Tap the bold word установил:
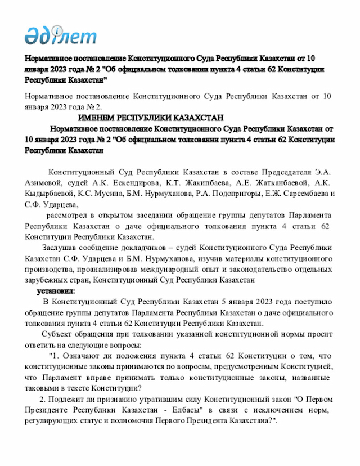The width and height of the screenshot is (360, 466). coord(56,291)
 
